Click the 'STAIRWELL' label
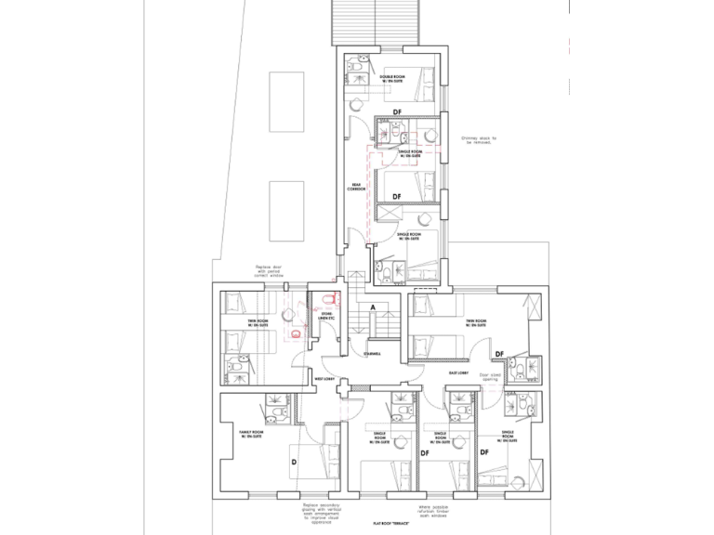pos(377,354)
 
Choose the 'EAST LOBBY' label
pos(457,372)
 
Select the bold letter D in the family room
pos(293,462)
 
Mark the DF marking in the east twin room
pos(499,354)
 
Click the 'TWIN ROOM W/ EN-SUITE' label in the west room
pos(258,324)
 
